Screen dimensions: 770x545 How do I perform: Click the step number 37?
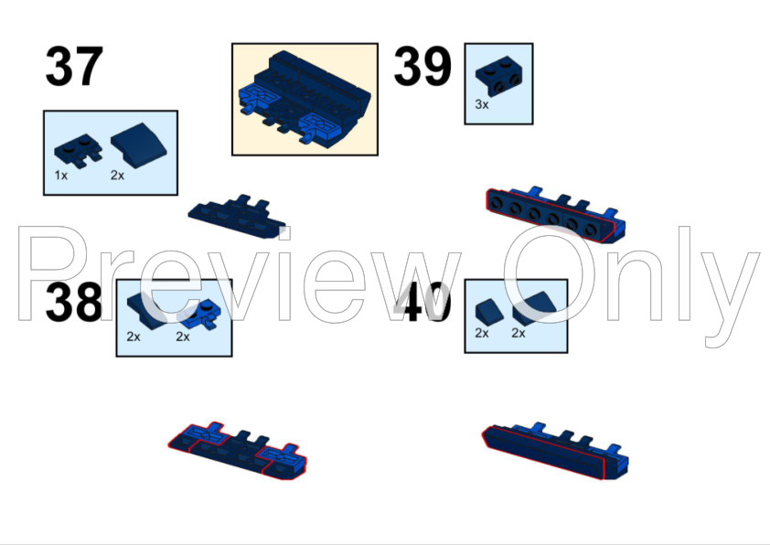click(x=74, y=66)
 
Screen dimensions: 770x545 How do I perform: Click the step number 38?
click(x=74, y=302)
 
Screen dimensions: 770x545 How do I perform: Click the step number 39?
click(x=422, y=66)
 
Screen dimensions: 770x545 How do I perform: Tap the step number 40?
click(x=422, y=302)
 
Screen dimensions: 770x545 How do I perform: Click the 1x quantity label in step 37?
click(x=61, y=176)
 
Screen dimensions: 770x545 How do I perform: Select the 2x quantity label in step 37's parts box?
click(x=117, y=176)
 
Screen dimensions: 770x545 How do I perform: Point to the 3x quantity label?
click(x=482, y=104)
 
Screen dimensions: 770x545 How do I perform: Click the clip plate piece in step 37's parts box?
click(x=79, y=150)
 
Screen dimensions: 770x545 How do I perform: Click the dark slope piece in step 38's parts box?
click(x=147, y=308)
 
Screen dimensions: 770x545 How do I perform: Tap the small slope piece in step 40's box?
click(x=489, y=311)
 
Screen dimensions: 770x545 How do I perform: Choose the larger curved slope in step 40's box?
click(x=534, y=308)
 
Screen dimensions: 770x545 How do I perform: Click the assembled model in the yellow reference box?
click(x=305, y=99)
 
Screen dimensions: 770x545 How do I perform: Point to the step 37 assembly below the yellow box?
click(x=237, y=217)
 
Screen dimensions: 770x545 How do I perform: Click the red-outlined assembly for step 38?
click(x=237, y=451)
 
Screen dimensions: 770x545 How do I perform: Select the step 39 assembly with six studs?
click(x=555, y=215)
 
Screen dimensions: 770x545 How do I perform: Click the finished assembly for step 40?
click(x=555, y=451)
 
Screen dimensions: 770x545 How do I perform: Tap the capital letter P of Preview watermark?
click(x=53, y=273)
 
